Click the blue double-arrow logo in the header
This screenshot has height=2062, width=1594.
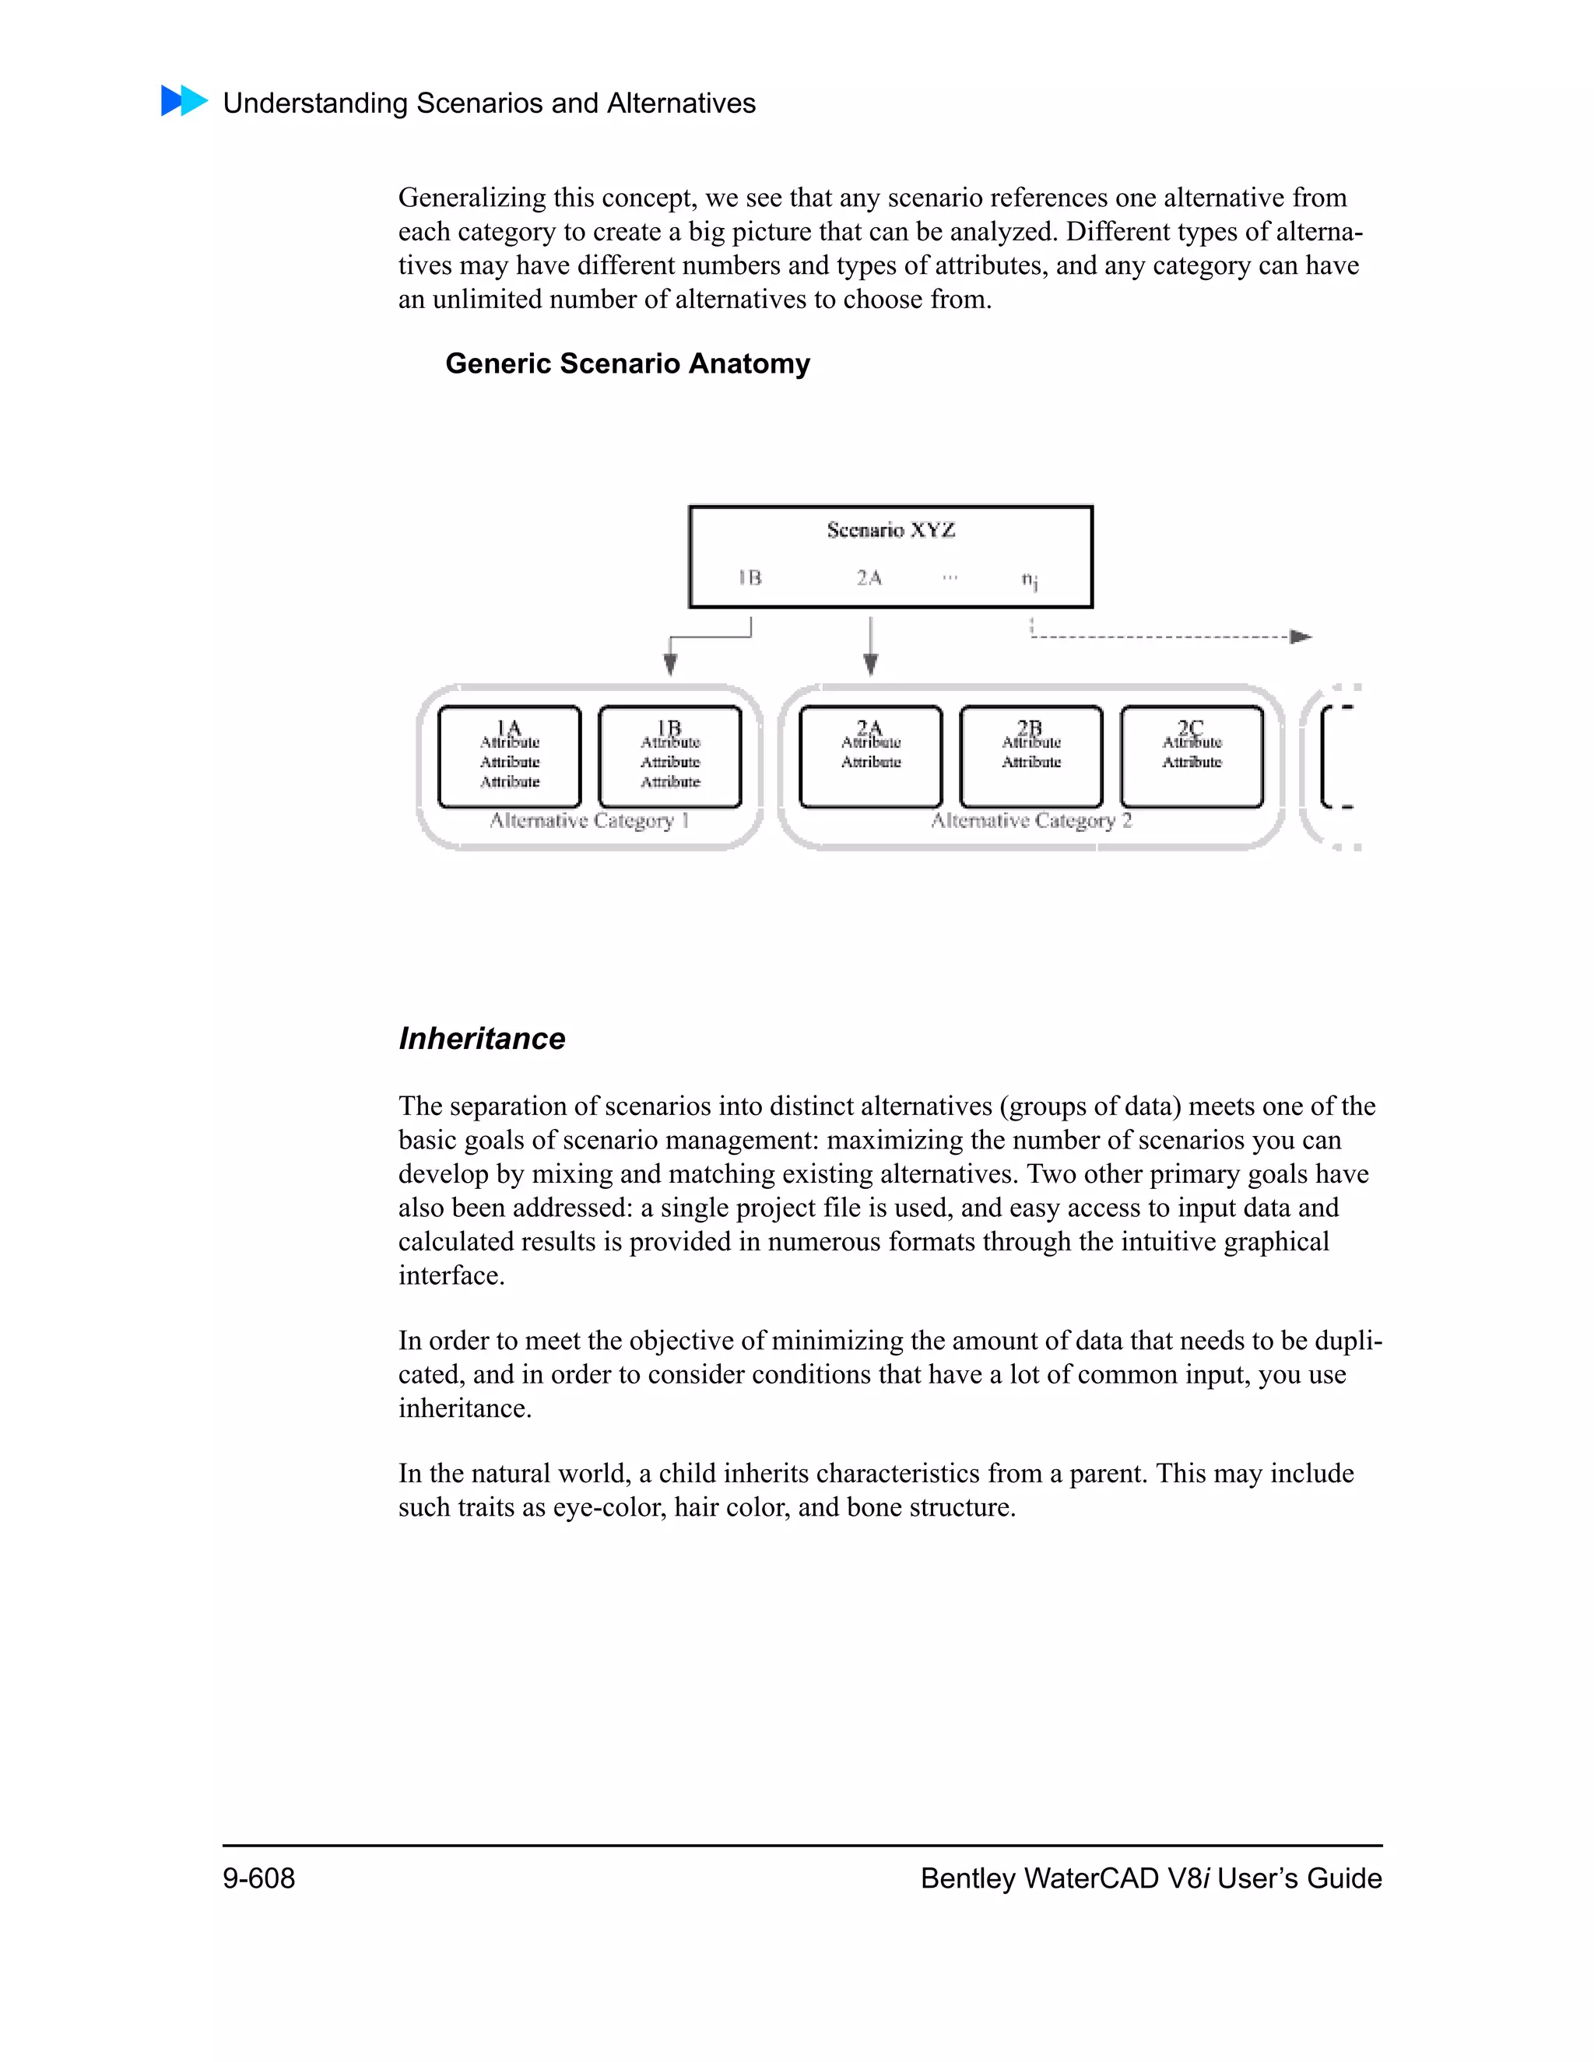tap(184, 101)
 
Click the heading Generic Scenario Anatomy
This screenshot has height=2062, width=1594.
tap(627, 363)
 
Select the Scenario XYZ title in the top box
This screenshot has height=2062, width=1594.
tap(890, 530)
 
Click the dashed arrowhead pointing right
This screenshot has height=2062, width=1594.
tap(1301, 637)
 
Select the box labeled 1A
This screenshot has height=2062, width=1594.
tap(509, 756)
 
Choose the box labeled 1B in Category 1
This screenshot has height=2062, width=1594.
tap(669, 756)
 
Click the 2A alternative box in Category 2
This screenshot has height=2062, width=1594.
tap(869, 756)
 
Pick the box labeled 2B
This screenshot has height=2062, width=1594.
tap(1030, 756)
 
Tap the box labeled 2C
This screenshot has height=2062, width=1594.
tap(1191, 756)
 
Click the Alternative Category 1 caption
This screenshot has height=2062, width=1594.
tap(589, 820)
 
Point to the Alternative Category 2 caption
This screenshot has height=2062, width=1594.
tap(1031, 820)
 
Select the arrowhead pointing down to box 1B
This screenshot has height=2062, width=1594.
tap(670, 665)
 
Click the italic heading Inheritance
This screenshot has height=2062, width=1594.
tap(482, 1039)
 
